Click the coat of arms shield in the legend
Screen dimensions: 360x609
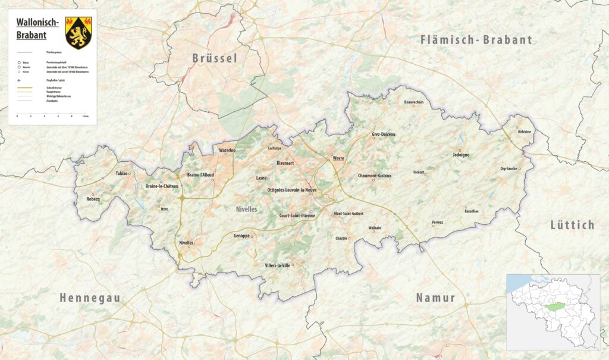pos(78,32)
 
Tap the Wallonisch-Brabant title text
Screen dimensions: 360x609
pos(37,28)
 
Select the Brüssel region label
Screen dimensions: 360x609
pos(215,58)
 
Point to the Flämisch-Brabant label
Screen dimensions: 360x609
pos(476,40)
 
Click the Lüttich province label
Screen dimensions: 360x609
pos(572,225)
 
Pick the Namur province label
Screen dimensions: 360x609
pos(435,298)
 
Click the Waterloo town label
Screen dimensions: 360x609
pos(227,151)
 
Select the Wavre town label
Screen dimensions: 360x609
pos(338,158)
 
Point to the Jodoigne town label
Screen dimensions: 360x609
pos(461,155)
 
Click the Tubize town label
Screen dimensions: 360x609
pos(121,174)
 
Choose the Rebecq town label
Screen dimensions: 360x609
pos(93,199)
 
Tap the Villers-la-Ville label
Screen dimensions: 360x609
pos(277,265)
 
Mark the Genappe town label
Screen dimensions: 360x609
pos(241,236)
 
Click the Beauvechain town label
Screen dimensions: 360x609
pos(413,102)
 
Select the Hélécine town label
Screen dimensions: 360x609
pos(524,132)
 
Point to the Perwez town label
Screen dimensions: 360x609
pos(438,223)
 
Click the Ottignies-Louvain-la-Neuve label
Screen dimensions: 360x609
pos(291,190)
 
